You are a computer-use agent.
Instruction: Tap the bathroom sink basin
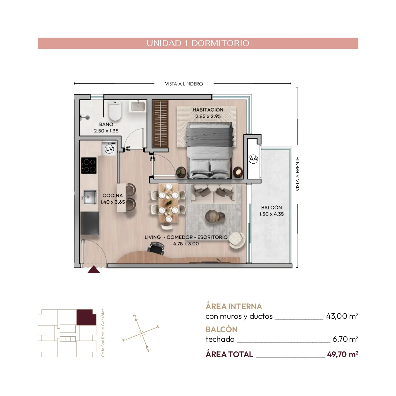(x=138, y=107)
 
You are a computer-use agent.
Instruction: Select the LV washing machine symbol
(x=109, y=149)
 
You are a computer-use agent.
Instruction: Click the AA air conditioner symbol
(x=253, y=159)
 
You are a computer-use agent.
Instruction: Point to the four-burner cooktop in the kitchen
(x=89, y=165)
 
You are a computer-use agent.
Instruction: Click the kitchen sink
(x=90, y=197)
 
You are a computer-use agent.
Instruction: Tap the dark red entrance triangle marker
(x=94, y=269)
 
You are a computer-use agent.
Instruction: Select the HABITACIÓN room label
(x=208, y=110)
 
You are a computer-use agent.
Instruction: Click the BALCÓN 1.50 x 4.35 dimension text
(x=271, y=214)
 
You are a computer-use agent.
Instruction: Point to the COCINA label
(x=112, y=195)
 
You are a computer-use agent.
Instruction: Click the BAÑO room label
(x=106, y=124)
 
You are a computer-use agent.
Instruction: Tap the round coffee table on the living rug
(x=215, y=216)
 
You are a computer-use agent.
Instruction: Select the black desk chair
(x=156, y=248)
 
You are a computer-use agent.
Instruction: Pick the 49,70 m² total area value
(x=343, y=354)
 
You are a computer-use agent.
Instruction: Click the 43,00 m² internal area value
(x=342, y=316)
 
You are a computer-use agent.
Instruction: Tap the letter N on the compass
(x=134, y=316)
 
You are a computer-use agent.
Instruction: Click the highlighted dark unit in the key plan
(x=86, y=317)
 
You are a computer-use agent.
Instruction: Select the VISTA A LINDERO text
(x=184, y=84)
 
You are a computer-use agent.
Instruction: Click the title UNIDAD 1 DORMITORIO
(x=198, y=43)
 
